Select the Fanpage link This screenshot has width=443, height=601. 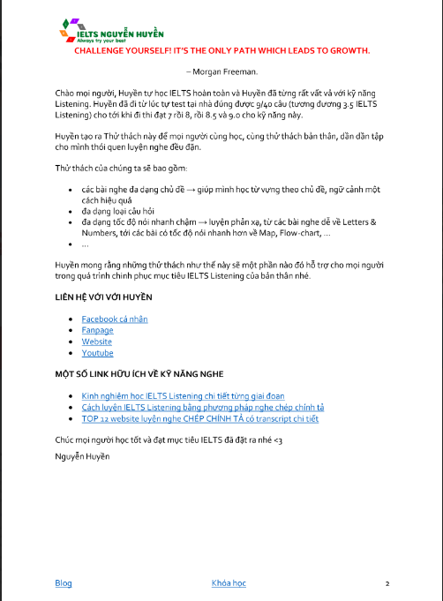(x=97, y=329)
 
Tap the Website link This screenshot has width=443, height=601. (x=97, y=341)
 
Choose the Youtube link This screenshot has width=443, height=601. (x=97, y=352)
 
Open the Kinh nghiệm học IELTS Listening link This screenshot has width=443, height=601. (x=183, y=395)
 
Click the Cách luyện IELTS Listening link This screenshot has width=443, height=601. (x=202, y=407)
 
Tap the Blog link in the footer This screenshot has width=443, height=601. (x=64, y=583)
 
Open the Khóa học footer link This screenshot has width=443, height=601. (x=229, y=583)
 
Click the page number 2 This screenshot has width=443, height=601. (x=387, y=584)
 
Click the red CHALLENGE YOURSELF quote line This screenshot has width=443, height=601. (x=221, y=51)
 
